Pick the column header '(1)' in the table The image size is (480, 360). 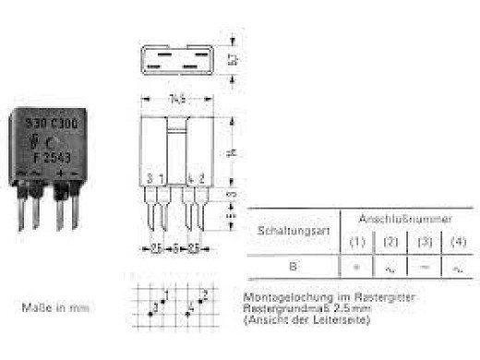pyautogui.click(x=354, y=243)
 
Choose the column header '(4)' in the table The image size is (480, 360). pyautogui.click(x=457, y=243)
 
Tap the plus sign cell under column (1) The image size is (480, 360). pyautogui.click(x=354, y=268)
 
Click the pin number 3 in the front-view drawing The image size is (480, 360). pyautogui.click(x=151, y=178)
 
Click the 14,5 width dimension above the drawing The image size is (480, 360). pyautogui.click(x=175, y=97)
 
